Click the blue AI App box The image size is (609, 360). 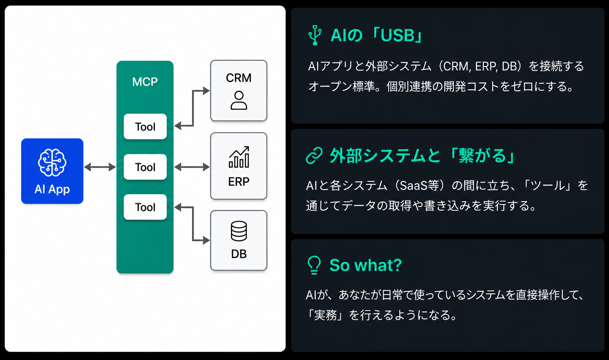click(52, 171)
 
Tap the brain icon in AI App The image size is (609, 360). click(52, 163)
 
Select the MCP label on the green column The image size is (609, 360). click(145, 82)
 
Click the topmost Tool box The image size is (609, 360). click(145, 127)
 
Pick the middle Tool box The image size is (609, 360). click(145, 167)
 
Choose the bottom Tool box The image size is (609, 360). click(145, 207)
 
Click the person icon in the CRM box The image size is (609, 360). click(239, 100)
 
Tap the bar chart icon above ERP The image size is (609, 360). click(239, 157)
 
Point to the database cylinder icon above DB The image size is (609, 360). click(239, 231)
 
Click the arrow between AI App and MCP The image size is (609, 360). click(100, 167)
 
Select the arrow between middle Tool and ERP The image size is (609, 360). click(192, 167)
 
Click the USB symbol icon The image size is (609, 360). click(315, 35)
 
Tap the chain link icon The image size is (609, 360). click(314, 156)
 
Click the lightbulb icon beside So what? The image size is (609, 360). click(314, 265)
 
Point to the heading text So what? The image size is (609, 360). click(366, 265)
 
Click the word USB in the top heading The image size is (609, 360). click(397, 35)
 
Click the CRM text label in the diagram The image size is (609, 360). click(239, 78)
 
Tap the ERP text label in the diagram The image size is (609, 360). click(239, 181)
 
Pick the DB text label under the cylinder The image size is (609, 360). click(239, 254)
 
